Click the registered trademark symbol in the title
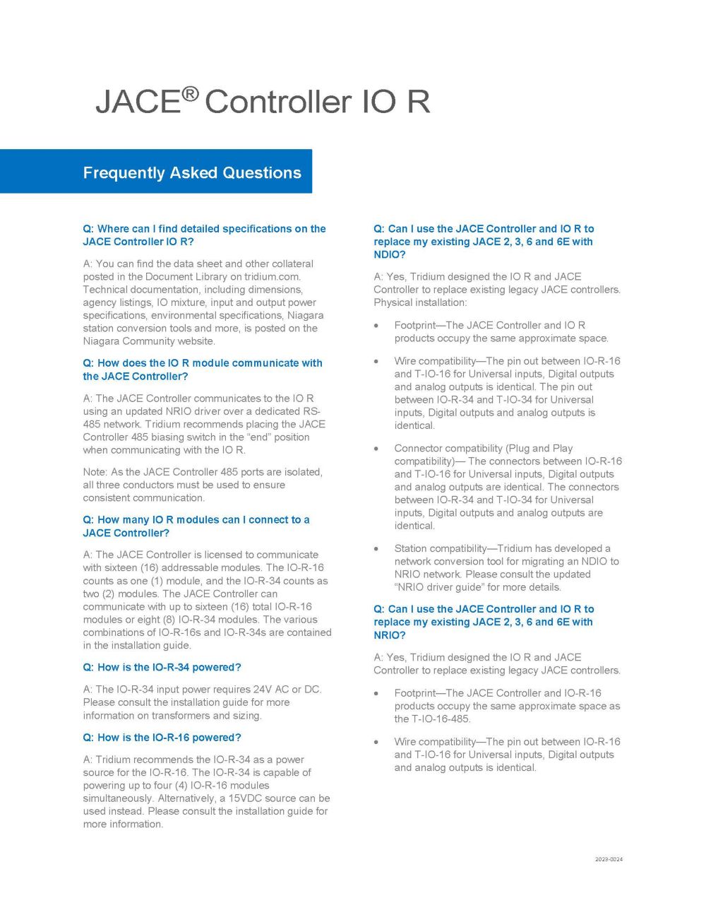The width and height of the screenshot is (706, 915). [x=191, y=93]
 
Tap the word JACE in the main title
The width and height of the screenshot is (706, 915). [x=138, y=102]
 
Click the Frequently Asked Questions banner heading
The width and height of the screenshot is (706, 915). [x=192, y=173]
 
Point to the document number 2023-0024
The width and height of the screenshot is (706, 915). [x=609, y=859]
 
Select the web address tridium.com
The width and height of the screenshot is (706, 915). [x=273, y=277]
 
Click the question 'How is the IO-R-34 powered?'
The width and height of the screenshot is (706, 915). [x=162, y=668]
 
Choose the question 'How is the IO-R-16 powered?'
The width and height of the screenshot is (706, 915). [x=162, y=738]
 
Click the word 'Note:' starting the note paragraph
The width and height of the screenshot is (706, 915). [x=95, y=472]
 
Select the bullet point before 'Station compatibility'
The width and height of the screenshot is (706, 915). [x=377, y=549]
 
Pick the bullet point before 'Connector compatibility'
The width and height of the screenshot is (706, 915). [x=377, y=449]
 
